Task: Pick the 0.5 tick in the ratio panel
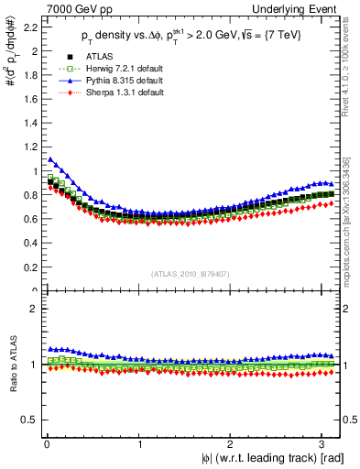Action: click(x=28, y=420)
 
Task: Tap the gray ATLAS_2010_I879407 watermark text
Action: click(x=190, y=273)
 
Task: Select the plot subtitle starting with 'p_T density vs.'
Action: click(x=191, y=36)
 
